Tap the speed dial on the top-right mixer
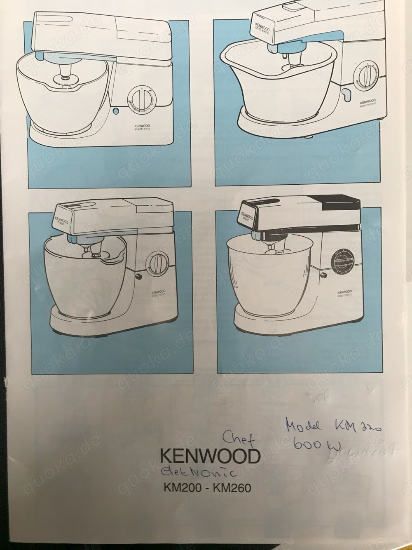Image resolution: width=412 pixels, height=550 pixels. point(365,75)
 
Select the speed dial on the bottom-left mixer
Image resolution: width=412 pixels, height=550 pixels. point(156,263)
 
